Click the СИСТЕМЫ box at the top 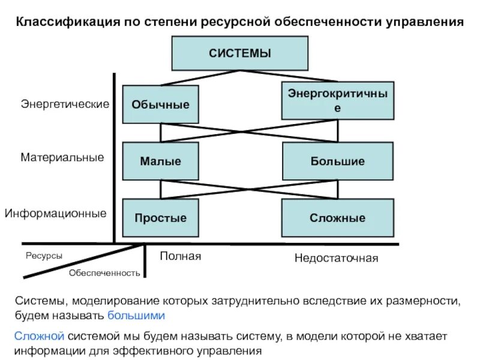240,53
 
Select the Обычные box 160,104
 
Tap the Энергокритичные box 338,100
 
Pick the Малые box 160,161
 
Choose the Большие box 338,161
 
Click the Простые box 160,218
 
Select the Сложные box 338,218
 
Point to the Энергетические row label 65,104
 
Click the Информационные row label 56,213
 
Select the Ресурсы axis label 44,256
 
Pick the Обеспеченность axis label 104,273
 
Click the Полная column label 180,257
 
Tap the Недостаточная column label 336,259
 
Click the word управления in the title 427,23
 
